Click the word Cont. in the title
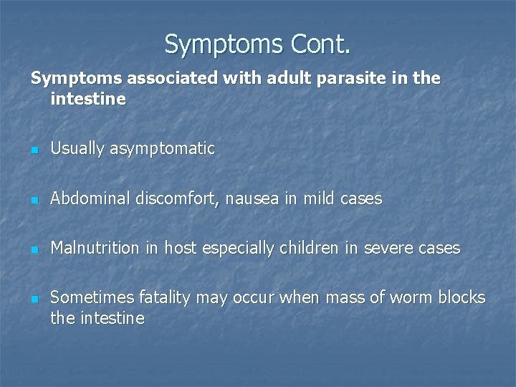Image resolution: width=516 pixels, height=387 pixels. (321, 44)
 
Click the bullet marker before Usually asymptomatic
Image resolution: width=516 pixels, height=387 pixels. (34, 150)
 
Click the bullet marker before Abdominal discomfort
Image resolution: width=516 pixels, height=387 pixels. (34, 200)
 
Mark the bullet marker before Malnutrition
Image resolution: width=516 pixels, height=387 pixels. (34, 249)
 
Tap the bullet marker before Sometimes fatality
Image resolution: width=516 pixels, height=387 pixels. (34, 299)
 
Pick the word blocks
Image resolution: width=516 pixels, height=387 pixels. (462, 297)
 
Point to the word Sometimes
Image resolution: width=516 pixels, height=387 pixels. (85, 297)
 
